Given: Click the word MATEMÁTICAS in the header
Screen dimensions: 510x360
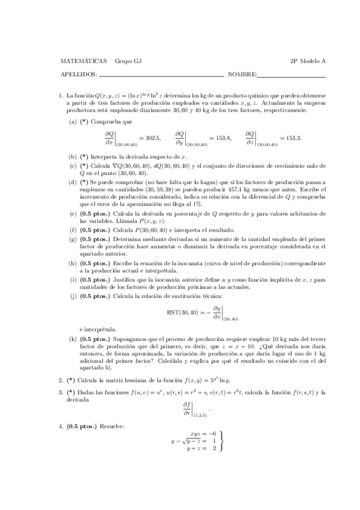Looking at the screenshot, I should [x=84, y=61].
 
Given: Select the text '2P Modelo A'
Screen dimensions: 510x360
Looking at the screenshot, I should [x=308, y=61].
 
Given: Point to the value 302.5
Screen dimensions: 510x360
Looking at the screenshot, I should [x=149, y=138].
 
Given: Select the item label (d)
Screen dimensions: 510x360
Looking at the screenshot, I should [x=73, y=182].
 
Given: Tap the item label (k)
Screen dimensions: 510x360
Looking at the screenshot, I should [x=73, y=340].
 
